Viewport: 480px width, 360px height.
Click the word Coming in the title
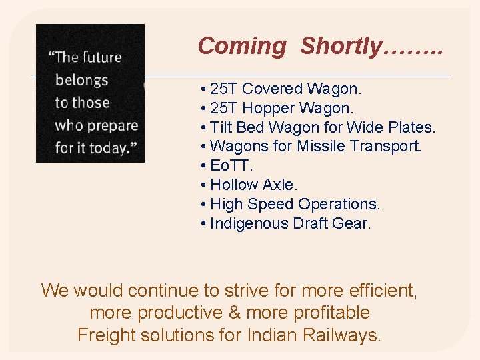pos(242,46)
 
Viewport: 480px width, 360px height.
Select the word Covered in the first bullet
pos(274,89)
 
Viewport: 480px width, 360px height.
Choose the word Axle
pos(279,185)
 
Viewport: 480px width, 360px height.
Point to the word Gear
pos(350,223)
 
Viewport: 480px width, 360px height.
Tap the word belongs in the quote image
pos(81,80)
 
